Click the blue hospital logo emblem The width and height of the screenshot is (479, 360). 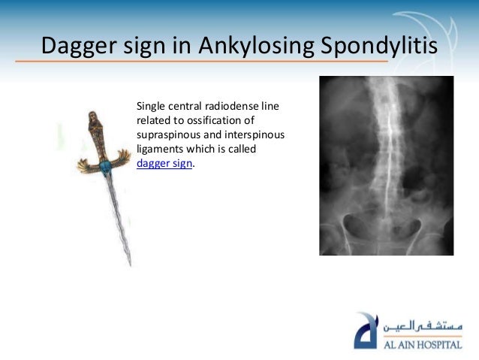click(x=368, y=330)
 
